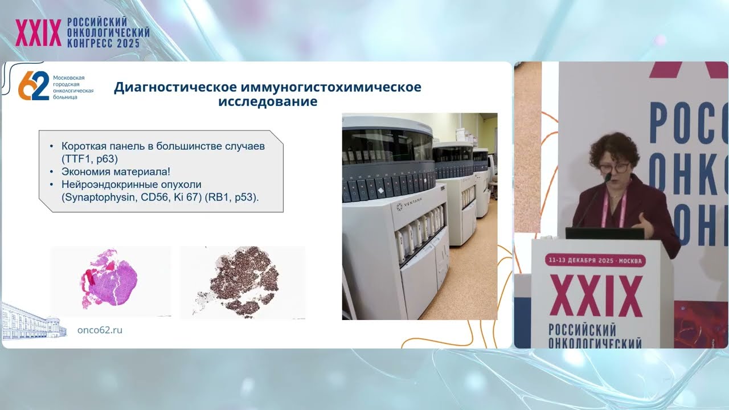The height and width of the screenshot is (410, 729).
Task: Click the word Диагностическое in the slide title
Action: [x=175, y=88]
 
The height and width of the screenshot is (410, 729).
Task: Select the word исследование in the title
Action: [x=268, y=102]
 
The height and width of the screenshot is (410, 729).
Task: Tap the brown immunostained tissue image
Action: [x=243, y=282]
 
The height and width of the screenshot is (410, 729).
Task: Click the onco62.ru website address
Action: [x=100, y=330]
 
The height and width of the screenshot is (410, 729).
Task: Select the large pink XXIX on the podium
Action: [x=596, y=295]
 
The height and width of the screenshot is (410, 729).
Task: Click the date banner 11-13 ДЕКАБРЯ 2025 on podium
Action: [x=595, y=260]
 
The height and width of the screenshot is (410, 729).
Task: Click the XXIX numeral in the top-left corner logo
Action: [x=38, y=33]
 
